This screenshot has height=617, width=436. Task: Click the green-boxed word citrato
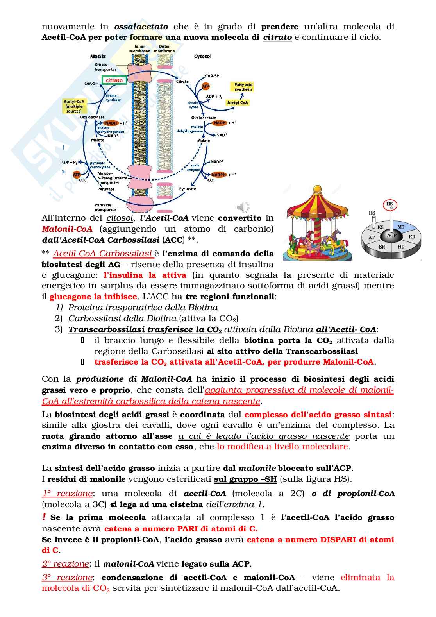pos(114,80)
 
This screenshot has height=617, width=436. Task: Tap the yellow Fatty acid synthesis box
pos(243,87)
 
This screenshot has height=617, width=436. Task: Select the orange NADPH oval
pos(218,175)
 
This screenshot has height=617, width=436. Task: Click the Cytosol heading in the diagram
pos(202,57)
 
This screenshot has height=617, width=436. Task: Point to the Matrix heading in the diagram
pos(98,57)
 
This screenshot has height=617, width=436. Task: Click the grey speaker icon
pos(243,207)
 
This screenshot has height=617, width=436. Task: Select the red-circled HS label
pos(389,204)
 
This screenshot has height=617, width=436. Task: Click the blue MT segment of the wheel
pos(401,227)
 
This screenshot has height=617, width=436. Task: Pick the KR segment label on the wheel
pos(412,237)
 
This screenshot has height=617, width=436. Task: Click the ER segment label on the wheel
pos(382,247)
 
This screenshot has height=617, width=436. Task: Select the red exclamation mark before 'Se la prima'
pos(44,517)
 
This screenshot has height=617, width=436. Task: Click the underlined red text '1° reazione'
pos(67,493)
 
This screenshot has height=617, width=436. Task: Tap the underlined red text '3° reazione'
pos(67,578)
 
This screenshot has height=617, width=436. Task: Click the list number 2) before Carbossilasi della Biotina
pos(59,318)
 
